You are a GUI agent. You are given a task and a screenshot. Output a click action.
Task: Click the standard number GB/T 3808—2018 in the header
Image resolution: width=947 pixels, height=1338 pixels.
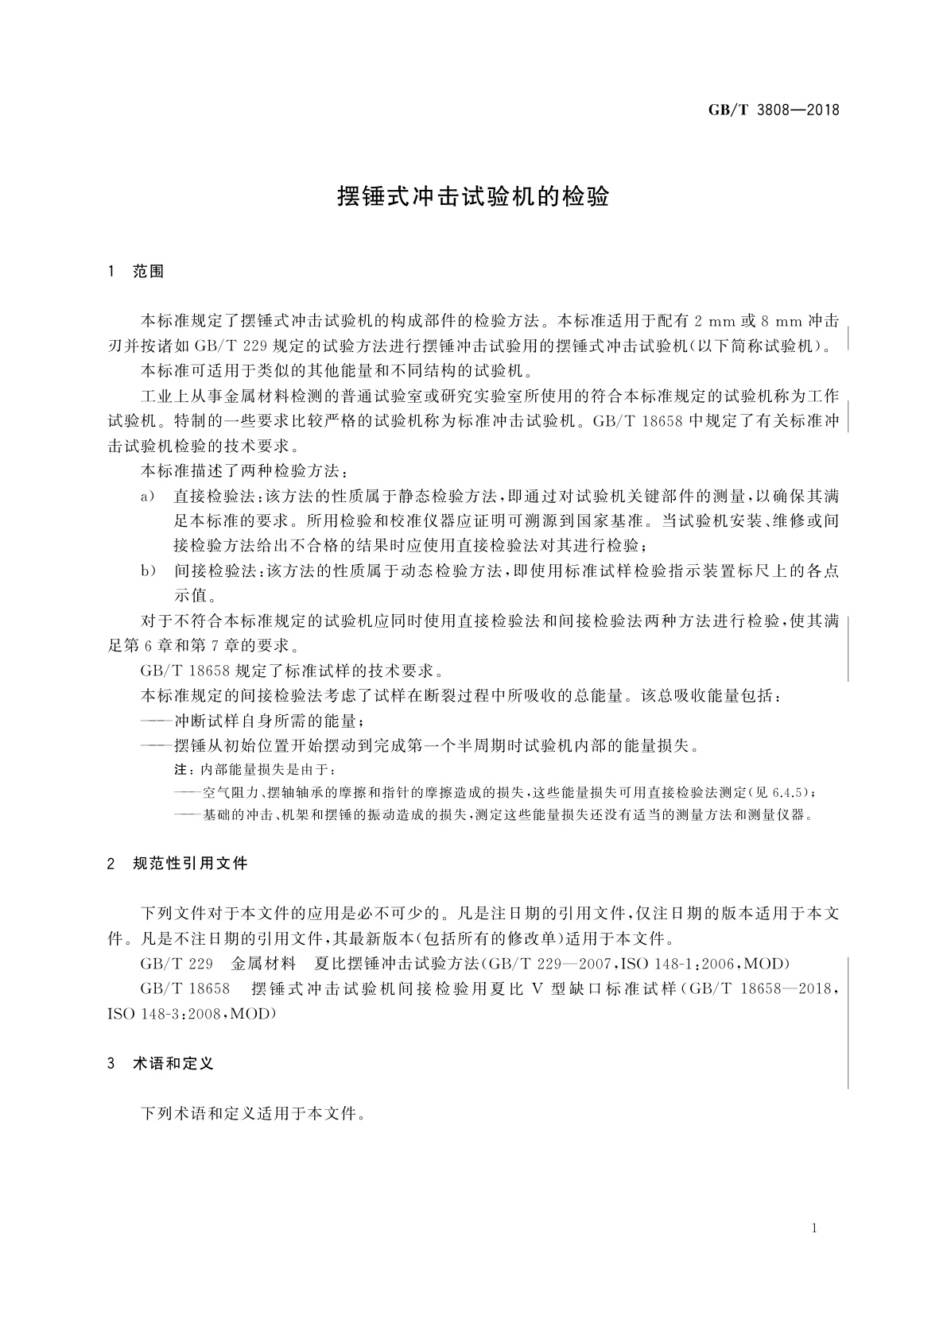coord(773,110)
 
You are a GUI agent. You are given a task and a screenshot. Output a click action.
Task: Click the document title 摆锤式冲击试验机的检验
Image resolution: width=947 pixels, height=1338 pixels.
coord(473,196)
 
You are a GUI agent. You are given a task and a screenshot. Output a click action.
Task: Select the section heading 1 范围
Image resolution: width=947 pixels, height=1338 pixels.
coord(135,272)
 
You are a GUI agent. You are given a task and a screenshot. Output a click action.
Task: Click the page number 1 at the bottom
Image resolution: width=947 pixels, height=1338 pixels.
coord(815,1228)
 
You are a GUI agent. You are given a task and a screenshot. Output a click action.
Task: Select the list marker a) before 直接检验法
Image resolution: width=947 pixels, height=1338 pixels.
coord(147,497)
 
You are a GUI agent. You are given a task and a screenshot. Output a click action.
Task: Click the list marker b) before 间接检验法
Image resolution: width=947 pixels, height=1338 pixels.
coord(147,570)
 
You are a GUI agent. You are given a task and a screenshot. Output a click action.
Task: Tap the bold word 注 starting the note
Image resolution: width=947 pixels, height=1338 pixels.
coord(179,770)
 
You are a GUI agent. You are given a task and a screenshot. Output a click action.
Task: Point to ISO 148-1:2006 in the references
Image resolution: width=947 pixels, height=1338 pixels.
coord(677,965)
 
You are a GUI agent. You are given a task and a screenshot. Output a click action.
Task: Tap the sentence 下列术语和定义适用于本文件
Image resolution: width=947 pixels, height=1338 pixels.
coord(252,1112)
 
